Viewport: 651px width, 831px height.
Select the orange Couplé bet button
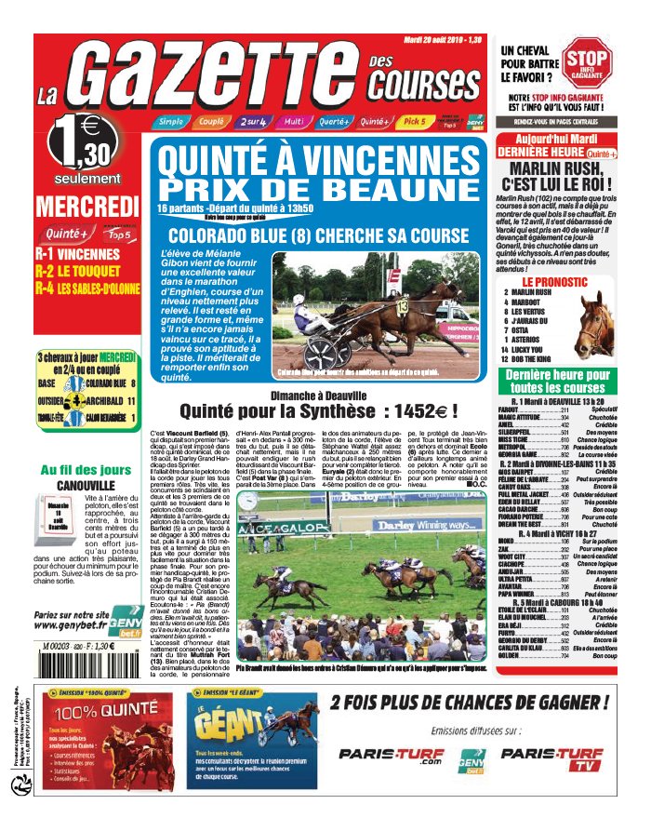[212, 122]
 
